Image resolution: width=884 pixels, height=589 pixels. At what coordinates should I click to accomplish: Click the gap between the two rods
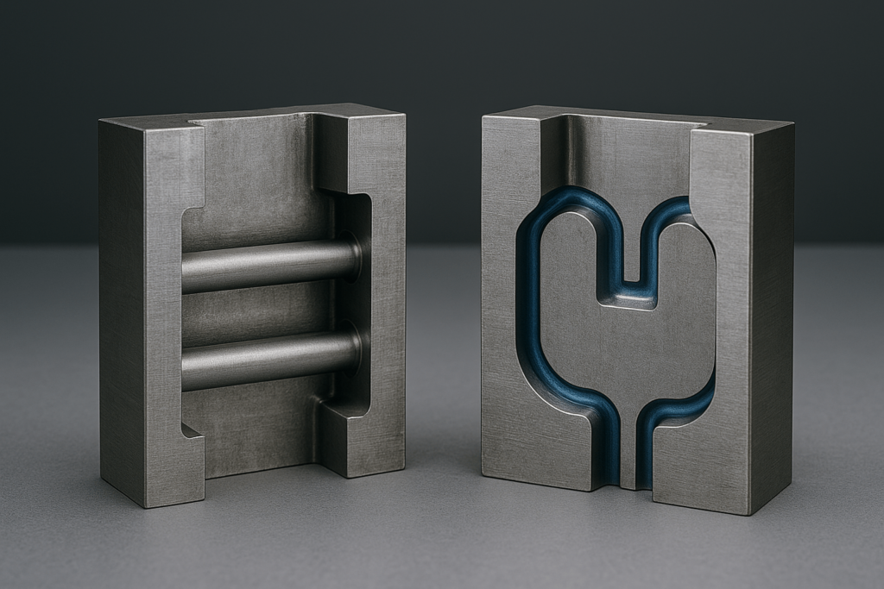(259, 312)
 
